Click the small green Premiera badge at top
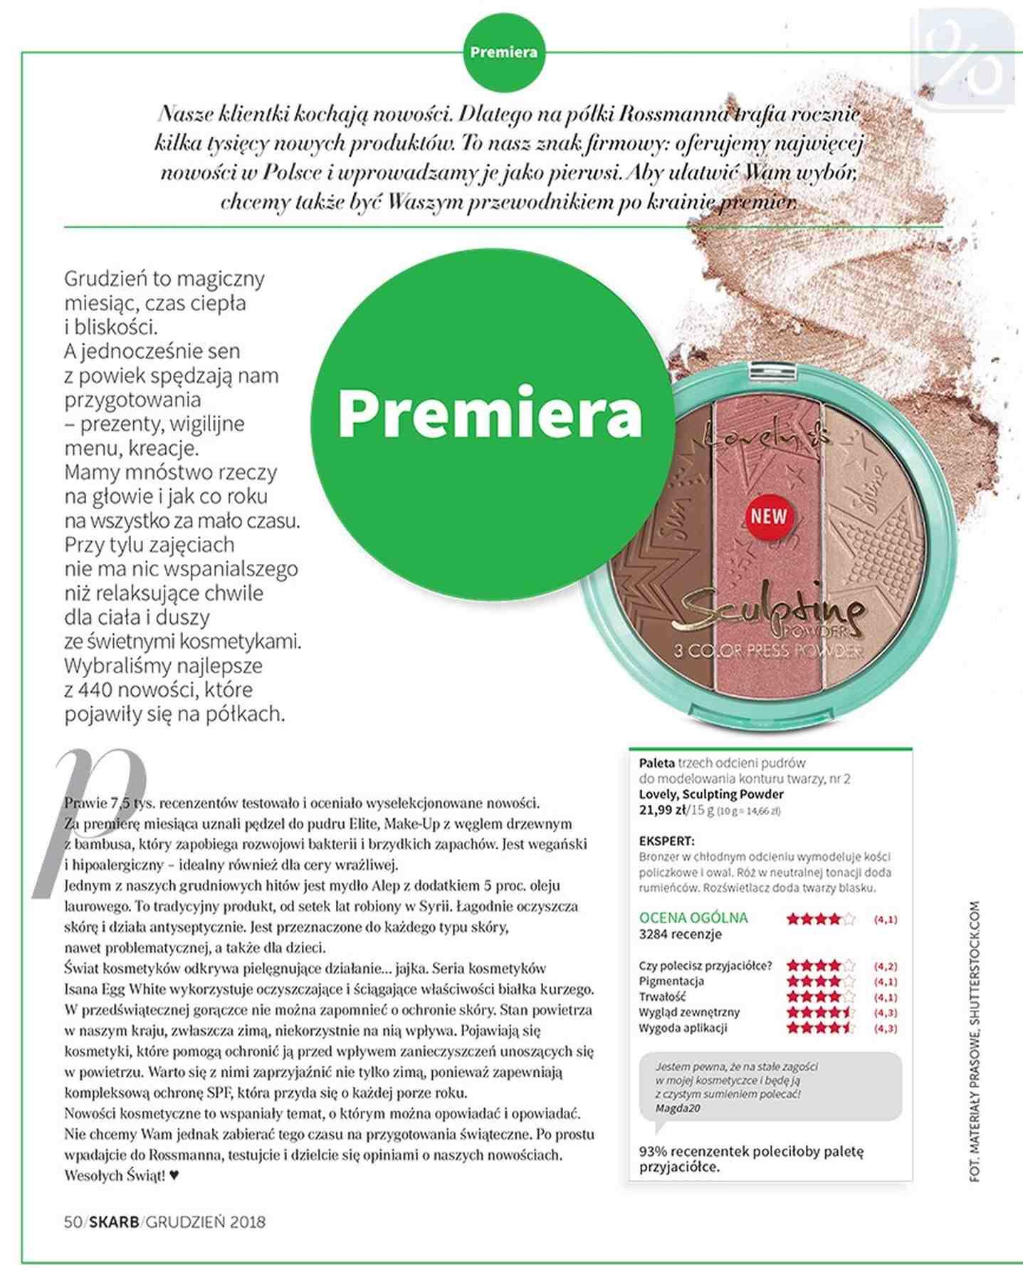503,53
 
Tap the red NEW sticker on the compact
768,516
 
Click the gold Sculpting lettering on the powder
769,611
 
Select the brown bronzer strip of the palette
659,541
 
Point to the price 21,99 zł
663,810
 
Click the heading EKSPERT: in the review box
666,841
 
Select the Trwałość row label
662,996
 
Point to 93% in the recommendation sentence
653,1151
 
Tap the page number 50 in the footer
73,1222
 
